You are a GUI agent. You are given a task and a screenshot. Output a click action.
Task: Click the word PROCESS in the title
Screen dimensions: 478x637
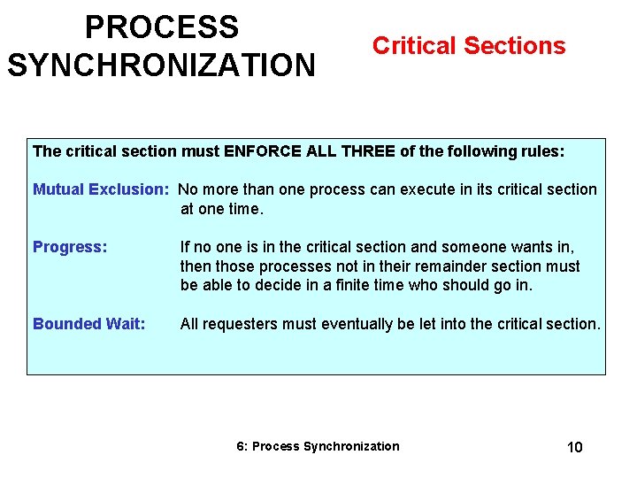162,27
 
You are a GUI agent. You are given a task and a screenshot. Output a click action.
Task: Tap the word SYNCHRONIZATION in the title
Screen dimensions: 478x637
161,65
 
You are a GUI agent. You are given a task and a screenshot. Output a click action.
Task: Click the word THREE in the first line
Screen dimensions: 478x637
367,151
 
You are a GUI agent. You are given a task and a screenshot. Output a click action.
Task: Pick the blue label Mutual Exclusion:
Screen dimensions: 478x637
101,189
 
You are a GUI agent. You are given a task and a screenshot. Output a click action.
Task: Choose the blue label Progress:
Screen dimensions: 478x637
70,247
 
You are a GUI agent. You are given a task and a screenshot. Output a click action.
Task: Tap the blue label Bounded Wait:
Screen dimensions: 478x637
88,324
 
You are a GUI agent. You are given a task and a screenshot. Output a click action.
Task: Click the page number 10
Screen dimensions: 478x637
574,447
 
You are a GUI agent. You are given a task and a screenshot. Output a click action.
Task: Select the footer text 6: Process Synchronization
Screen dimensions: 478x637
318,446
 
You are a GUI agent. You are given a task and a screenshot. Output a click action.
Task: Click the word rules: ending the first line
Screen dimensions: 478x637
543,151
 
